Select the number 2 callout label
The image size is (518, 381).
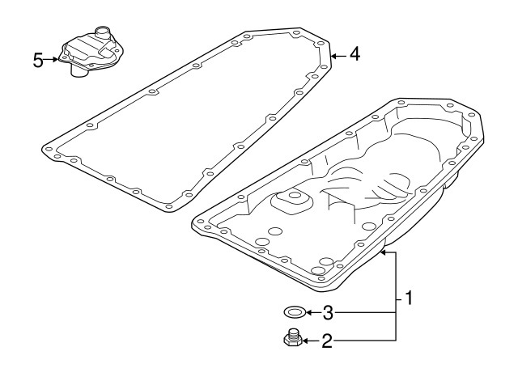(327, 341)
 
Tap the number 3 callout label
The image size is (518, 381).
(327, 311)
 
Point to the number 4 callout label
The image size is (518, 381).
(355, 54)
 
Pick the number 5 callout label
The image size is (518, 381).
(38, 60)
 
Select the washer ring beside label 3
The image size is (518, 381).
(295, 311)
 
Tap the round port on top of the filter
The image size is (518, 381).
(102, 32)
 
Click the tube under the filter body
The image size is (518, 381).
(79, 72)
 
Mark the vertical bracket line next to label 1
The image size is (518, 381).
(395, 299)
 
